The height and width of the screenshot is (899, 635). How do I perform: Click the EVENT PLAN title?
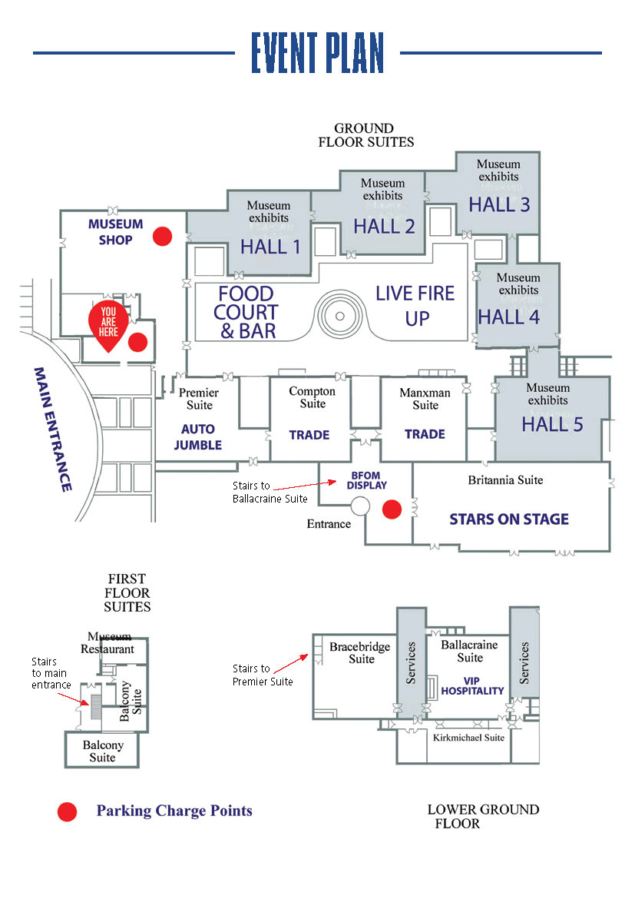click(317, 53)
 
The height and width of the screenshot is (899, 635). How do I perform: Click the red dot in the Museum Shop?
click(162, 236)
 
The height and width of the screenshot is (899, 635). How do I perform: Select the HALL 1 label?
click(270, 247)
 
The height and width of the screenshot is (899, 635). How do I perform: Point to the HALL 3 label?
click(499, 204)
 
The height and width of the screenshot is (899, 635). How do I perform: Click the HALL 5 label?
click(552, 424)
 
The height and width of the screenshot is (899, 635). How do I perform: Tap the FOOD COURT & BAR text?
click(246, 313)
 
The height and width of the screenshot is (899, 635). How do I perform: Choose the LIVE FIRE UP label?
click(415, 306)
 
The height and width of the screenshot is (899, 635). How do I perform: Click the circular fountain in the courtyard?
click(340, 316)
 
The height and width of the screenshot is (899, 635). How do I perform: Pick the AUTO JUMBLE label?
click(198, 437)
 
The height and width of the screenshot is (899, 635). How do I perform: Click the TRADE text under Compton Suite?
click(309, 435)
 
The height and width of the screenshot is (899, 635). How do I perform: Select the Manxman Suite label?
click(425, 399)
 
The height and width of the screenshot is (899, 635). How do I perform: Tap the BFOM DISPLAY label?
click(366, 480)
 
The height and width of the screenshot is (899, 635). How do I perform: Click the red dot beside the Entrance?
click(392, 509)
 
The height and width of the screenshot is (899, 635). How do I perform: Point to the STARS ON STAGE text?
click(509, 519)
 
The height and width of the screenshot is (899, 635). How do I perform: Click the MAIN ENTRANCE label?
click(53, 430)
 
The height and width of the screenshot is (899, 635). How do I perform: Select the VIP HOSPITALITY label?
click(472, 685)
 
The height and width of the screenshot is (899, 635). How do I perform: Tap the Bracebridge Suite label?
click(360, 652)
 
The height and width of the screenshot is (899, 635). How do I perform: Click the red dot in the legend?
click(67, 812)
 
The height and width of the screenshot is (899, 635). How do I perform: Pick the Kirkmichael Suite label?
click(468, 738)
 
